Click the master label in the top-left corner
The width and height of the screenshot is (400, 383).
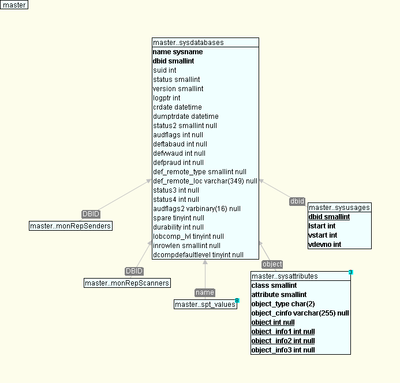(x=14, y=5)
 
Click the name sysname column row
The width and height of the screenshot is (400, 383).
(x=178, y=52)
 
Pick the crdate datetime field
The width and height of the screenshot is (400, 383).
(x=177, y=107)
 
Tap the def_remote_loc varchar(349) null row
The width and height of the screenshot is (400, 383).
(x=205, y=181)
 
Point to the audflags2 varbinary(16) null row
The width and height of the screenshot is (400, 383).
(x=196, y=209)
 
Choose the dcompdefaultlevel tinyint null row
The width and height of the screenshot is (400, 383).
(x=198, y=255)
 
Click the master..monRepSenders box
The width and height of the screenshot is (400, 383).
(x=70, y=226)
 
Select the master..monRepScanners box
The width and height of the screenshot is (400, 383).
(x=128, y=283)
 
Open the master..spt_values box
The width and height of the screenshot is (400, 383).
(x=205, y=304)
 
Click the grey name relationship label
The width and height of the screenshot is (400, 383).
(x=205, y=292)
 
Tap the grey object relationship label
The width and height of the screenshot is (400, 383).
(x=272, y=264)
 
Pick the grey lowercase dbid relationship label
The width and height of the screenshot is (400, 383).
(x=297, y=201)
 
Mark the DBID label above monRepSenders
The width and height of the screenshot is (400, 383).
(x=91, y=214)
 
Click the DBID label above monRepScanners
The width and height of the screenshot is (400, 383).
(x=134, y=271)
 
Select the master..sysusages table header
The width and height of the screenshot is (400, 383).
(x=339, y=208)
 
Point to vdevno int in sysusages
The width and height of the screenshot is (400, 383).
(x=325, y=245)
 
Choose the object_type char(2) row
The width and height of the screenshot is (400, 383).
(x=283, y=304)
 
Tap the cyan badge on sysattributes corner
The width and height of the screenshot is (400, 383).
(x=350, y=272)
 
